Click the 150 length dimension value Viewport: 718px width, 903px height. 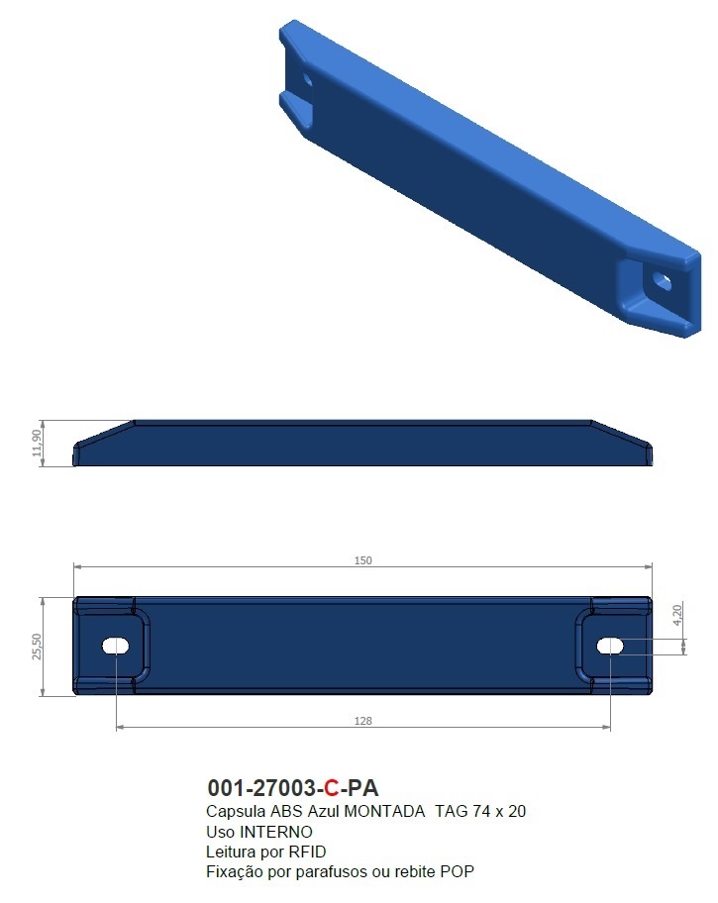pos(362,560)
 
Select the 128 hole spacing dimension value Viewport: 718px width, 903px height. pos(362,721)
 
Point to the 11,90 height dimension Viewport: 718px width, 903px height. pos(38,443)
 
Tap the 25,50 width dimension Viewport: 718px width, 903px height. pos(38,646)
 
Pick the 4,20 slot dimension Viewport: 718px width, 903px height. pos(676,614)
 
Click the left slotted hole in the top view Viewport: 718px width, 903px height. pos(117,646)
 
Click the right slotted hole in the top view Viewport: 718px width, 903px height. pos(610,646)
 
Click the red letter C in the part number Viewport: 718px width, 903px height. pos(332,789)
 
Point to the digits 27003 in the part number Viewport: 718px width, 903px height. pos(279,789)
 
